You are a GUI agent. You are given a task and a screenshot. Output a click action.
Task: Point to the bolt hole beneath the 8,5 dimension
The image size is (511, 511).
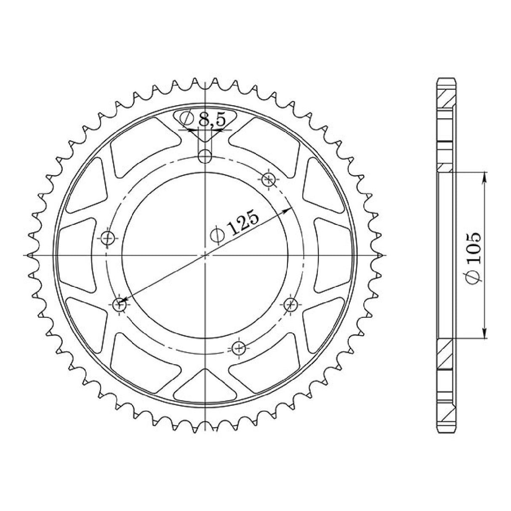pos(205,157)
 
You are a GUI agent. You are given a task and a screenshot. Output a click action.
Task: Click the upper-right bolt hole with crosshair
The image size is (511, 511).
pos(269,180)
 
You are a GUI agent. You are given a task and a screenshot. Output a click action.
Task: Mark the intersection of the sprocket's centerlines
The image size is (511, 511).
pos(205,255)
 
